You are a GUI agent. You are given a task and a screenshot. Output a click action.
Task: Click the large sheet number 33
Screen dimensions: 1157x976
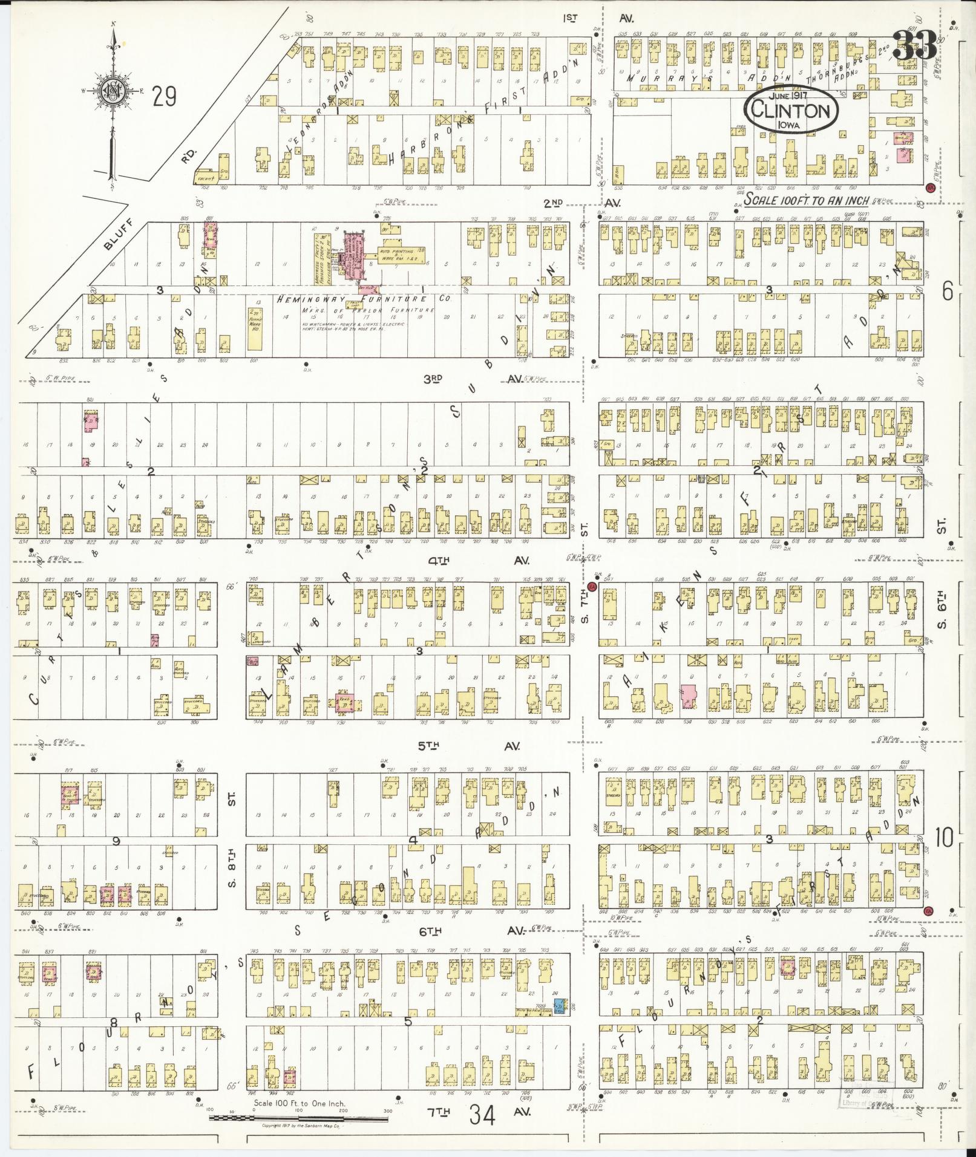[914, 46]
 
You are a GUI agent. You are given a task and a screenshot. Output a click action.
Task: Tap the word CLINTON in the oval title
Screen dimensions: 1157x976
[790, 111]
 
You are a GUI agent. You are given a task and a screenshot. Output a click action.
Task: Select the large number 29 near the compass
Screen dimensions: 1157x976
[164, 96]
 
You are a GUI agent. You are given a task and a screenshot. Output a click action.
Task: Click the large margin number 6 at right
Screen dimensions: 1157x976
[948, 292]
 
